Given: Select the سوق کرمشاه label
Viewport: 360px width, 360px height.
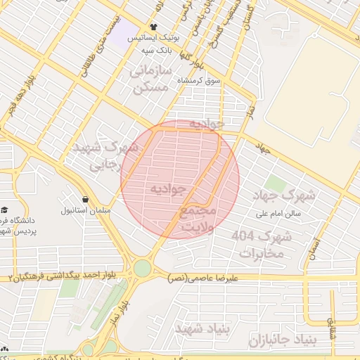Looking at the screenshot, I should (x=198, y=81).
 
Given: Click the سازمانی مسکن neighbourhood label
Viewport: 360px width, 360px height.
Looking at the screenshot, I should (x=150, y=79).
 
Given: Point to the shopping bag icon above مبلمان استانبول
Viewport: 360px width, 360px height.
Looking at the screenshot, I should (x=85, y=200).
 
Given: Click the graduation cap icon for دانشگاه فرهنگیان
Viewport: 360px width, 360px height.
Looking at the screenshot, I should (x=5, y=210).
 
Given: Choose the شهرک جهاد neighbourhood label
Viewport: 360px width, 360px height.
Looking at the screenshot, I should (x=278, y=195).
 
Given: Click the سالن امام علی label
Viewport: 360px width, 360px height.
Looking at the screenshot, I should (x=277, y=213).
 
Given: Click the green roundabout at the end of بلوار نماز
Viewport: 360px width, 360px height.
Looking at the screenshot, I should (x=143, y=268).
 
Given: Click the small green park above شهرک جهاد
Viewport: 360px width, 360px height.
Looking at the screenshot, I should (x=275, y=184).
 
